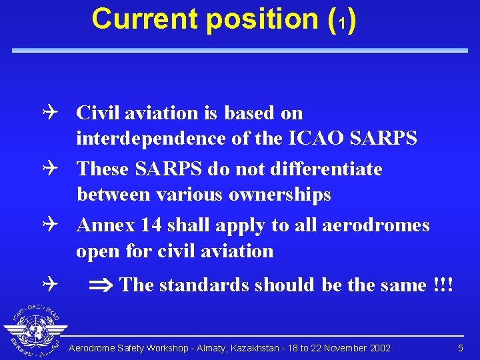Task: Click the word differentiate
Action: pyautogui.click(x=327, y=169)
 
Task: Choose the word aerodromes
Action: pyautogui.click(x=375, y=225)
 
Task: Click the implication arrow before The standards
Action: pyautogui.click(x=101, y=286)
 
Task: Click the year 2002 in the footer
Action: pyautogui.click(x=379, y=349)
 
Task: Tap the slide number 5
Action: pyautogui.click(x=460, y=349)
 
